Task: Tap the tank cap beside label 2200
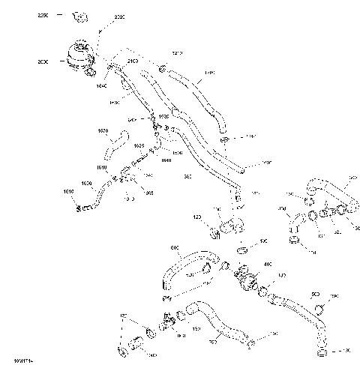78,16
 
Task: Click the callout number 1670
103,130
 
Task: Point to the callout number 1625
139,145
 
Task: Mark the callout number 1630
87,183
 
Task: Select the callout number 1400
209,73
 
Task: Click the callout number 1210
178,53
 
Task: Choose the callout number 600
175,247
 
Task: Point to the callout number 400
267,265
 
